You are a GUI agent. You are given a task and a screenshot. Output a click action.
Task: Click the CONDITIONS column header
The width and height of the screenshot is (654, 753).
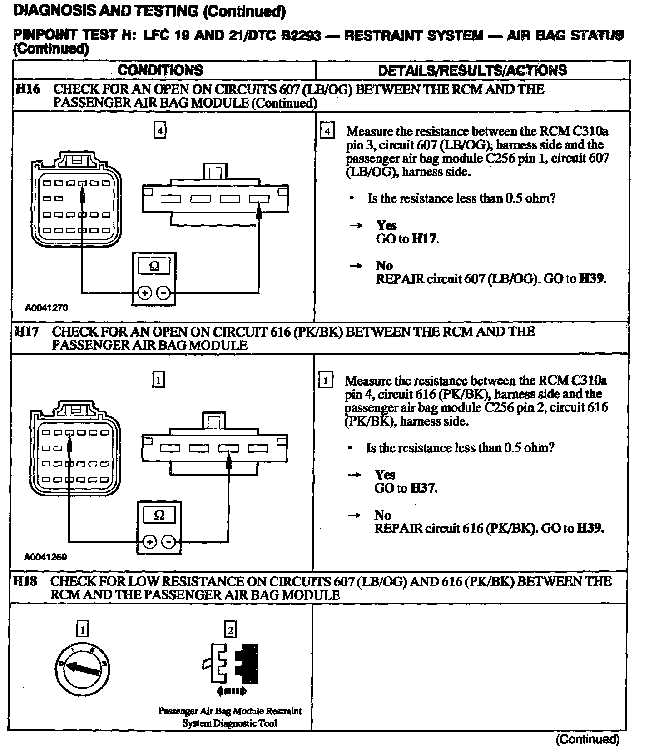(x=160, y=70)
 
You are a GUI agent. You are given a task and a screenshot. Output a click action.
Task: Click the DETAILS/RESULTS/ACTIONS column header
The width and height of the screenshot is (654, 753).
(x=472, y=70)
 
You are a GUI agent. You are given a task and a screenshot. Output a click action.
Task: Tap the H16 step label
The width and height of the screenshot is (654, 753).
(x=28, y=89)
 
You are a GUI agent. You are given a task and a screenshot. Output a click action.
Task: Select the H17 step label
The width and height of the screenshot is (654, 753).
(x=26, y=332)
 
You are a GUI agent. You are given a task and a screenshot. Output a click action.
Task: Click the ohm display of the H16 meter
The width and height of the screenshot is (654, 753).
(x=154, y=266)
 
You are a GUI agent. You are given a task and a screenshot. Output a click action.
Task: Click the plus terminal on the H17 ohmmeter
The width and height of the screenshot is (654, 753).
(x=150, y=542)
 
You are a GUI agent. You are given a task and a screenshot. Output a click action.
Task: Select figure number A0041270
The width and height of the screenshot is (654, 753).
(x=46, y=308)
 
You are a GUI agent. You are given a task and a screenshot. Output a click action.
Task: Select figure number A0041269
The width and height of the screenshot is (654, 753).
(x=45, y=557)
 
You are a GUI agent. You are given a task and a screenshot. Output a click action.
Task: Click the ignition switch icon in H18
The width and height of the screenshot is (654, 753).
(x=82, y=669)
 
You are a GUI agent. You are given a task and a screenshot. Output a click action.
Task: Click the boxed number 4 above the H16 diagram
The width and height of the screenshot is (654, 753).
(x=159, y=131)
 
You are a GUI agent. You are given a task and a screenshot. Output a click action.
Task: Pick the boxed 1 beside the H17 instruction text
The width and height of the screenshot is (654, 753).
(x=326, y=380)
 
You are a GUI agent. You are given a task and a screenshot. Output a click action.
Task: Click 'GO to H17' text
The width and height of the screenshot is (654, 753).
(x=407, y=239)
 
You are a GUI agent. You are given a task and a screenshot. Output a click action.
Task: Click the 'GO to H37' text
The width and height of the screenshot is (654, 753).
(x=406, y=488)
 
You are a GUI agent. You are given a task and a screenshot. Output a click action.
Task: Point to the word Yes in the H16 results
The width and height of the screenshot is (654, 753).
(x=386, y=225)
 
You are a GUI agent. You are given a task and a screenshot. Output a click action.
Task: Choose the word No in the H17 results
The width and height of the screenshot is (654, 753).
(x=383, y=515)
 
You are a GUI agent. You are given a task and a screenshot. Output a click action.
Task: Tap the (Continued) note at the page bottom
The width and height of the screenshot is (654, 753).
(x=587, y=740)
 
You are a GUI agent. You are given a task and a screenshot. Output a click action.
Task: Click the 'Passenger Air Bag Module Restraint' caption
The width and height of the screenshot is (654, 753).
(x=230, y=711)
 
